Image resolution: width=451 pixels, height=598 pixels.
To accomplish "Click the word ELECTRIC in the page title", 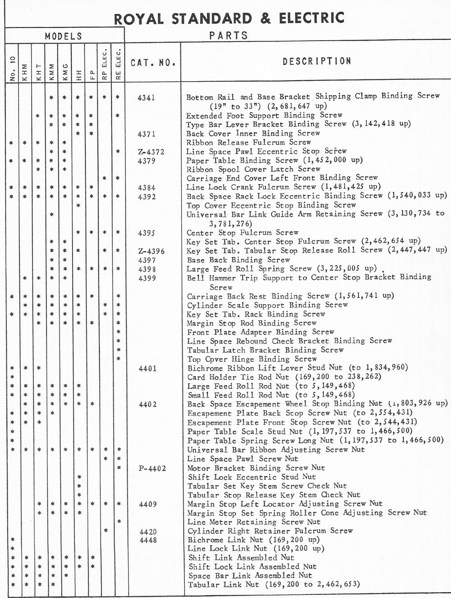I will click(312, 18).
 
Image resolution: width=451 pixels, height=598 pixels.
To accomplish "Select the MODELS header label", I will click(64, 36).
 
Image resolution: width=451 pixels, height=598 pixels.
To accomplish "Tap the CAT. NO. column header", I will click(153, 62).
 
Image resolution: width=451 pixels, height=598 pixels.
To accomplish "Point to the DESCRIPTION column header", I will click(317, 61).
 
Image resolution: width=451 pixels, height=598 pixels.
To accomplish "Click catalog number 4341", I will click(147, 97).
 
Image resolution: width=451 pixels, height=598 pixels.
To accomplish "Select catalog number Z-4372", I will click(151, 152).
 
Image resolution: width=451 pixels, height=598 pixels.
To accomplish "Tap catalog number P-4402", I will click(152, 468).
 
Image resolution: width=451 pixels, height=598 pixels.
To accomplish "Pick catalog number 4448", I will click(148, 540).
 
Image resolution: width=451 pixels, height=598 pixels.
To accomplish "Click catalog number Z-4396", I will click(151, 251).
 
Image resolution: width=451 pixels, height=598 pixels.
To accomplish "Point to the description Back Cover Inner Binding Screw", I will click(253, 133).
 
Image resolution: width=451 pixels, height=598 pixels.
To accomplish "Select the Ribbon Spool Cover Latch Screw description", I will click(253, 169).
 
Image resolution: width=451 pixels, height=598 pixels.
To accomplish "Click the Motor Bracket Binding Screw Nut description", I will click(256, 468).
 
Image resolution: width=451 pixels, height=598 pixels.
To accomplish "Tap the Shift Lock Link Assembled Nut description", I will click(253, 566).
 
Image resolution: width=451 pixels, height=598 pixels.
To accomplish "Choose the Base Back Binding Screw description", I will click(239, 260).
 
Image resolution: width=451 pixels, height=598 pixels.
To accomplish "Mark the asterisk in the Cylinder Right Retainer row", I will click(106, 531).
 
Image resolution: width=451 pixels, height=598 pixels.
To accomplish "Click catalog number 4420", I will click(148, 532).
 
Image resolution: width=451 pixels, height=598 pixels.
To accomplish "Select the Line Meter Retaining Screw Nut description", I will click(253, 522).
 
